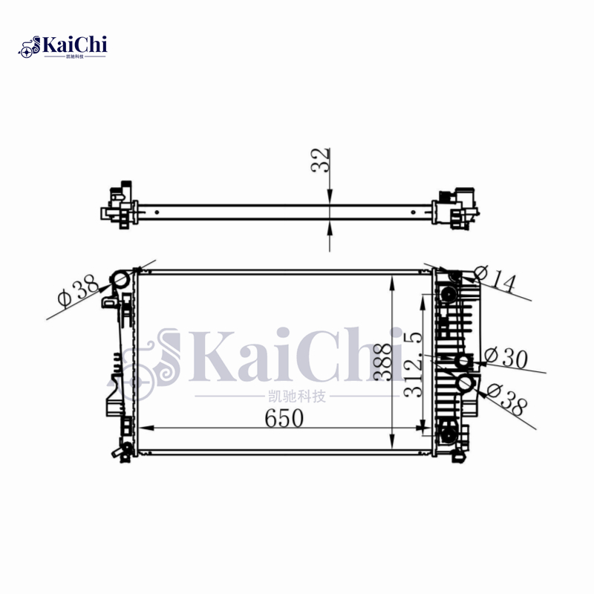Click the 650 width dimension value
coord(284,418)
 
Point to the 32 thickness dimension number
coord(321,160)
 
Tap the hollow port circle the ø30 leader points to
coord(464,362)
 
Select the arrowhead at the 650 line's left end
coord(146,428)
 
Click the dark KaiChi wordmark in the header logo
coord(75,45)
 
